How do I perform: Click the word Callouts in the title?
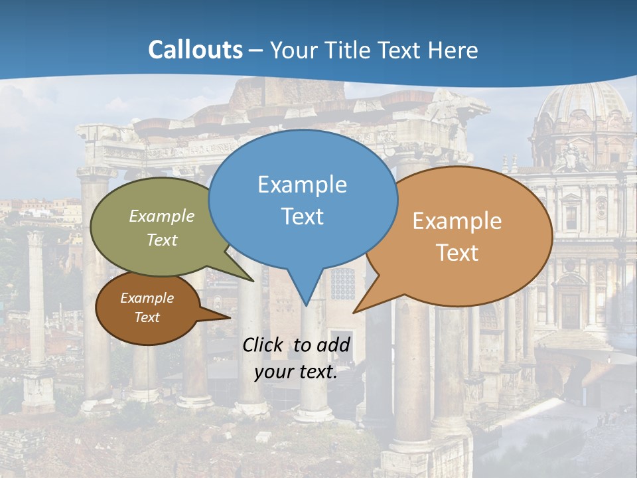click(x=195, y=50)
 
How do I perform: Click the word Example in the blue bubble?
click(x=302, y=184)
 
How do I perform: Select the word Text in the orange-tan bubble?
click(x=458, y=253)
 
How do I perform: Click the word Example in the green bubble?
click(x=162, y=216)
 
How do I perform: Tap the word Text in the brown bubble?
click(x=147, y=317)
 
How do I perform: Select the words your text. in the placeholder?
click(x=296, y=372)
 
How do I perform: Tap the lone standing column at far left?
click(x=36, y=299)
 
